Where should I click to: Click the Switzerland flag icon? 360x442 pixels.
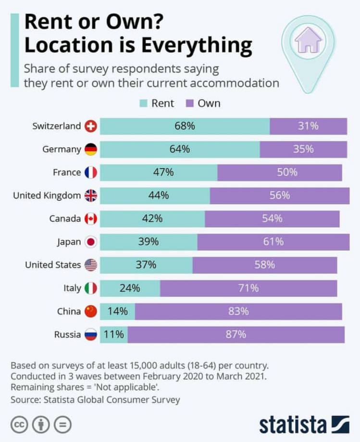pyautogui.click(x=90, y=126)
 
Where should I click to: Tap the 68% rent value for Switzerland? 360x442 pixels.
pyautogui.click(x=185, y=126)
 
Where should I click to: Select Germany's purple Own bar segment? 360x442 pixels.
pyautogui.click(x=303, y=149)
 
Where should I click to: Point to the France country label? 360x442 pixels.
pyautogui.click(x=66, y=172)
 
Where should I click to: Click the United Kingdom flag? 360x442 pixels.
pyautogui.click(x=90, y=196)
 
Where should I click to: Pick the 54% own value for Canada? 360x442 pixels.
pyautogui.click(x=272, y=219)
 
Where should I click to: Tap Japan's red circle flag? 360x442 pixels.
pyautogui.click(x=90, y=242)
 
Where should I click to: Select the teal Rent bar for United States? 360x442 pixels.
pyautogui.click(x=146, y=265)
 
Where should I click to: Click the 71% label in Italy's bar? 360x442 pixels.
pyautogui.click(x=248, y=288)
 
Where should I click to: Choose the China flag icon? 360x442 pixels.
pyautogui.click(x=90, y=311)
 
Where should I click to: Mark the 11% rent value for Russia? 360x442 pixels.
pyautogui.click(x=114, y=334)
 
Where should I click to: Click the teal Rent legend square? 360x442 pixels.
pyautogui.click(x=143, y=103)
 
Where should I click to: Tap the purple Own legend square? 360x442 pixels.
pyautogui.click(x=189, y=103)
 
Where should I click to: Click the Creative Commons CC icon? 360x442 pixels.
pyautogui.click(x=19, y=425)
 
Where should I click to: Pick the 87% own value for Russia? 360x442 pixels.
pyautogui.click(x=236, y=334)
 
